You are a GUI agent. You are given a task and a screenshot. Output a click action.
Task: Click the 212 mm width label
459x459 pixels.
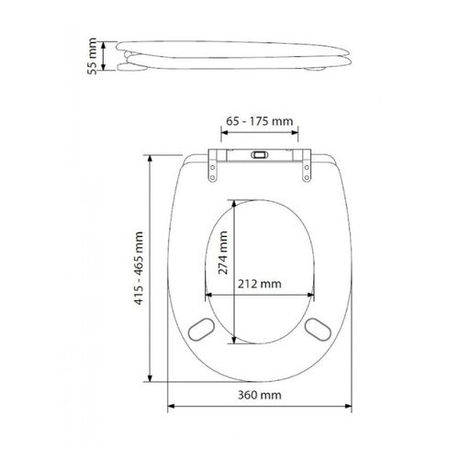click(x=259, y=284)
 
